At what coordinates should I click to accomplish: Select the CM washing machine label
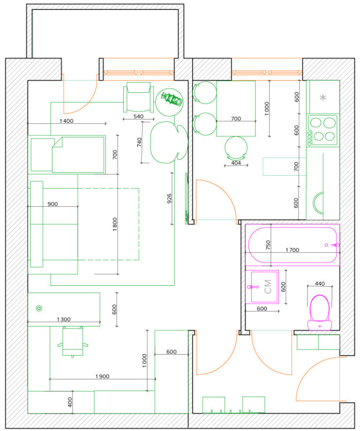[268, 287]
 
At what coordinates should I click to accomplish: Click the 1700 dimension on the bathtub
[292, 250]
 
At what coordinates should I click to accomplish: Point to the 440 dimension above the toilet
[320, 283]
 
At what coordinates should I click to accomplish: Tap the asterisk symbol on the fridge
[323, 97]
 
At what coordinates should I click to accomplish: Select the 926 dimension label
[169, 198]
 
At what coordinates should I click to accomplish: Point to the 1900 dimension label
[102, 376]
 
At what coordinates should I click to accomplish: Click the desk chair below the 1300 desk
[73, 342]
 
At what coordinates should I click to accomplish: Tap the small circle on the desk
[39, 308]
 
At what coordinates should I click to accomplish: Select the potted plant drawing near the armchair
[169, 102]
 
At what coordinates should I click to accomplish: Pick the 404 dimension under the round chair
[236, 163]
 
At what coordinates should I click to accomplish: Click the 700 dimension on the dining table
[236, 119]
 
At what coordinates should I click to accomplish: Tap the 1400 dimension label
[66, 121]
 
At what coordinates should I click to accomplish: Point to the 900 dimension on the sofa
[52, 204]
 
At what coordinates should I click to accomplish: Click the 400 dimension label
[70, 402]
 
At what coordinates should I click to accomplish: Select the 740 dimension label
[139, 142]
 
